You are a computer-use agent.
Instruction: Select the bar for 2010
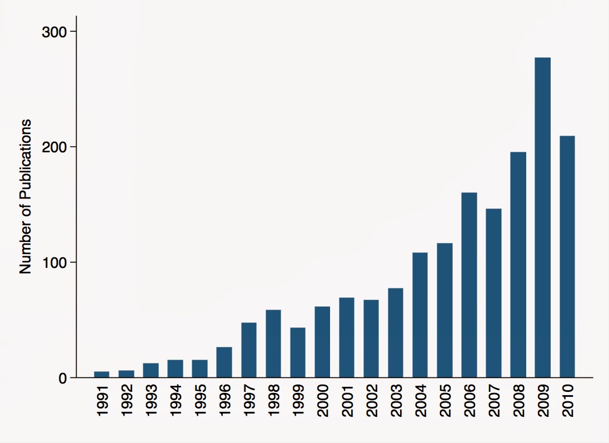click(567, 256)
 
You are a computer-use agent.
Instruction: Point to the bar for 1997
click(249, 350)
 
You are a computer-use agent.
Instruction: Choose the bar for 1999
click(298, 352)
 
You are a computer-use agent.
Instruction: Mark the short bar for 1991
click(102, 374)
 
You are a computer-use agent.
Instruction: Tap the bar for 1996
click(224, 362)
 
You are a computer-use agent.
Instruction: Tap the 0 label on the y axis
click(62, 378)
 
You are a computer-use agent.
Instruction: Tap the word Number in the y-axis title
click(26, 252)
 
